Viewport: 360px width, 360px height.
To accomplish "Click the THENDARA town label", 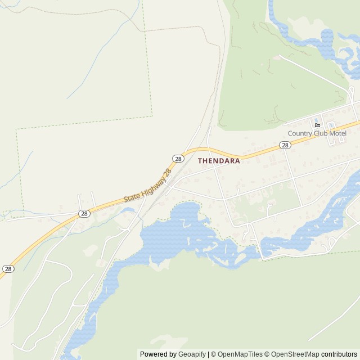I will click(x=219, y=160).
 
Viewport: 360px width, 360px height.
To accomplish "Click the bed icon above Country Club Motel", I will click(x=317, y=125).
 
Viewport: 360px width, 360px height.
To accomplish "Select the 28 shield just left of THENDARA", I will click(x=178, y=159).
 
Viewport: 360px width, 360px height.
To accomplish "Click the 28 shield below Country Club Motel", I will click(x=285, y=145).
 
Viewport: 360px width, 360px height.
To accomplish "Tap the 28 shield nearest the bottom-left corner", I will click(x=8, y=269).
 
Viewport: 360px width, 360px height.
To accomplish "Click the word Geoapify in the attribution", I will click(x=192, y=354).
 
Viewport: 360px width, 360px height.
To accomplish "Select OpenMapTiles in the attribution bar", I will click(x=240, y=354).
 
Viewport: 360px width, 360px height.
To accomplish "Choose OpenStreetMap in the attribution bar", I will click(x=295, y=354).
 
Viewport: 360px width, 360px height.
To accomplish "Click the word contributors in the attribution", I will click(x=339, y=354).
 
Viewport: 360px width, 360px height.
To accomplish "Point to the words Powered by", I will click(x=158, y=354).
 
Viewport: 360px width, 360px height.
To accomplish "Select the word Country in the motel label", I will click(x=299, y=133).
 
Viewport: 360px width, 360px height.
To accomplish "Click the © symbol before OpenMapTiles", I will click(x=213, y=354).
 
